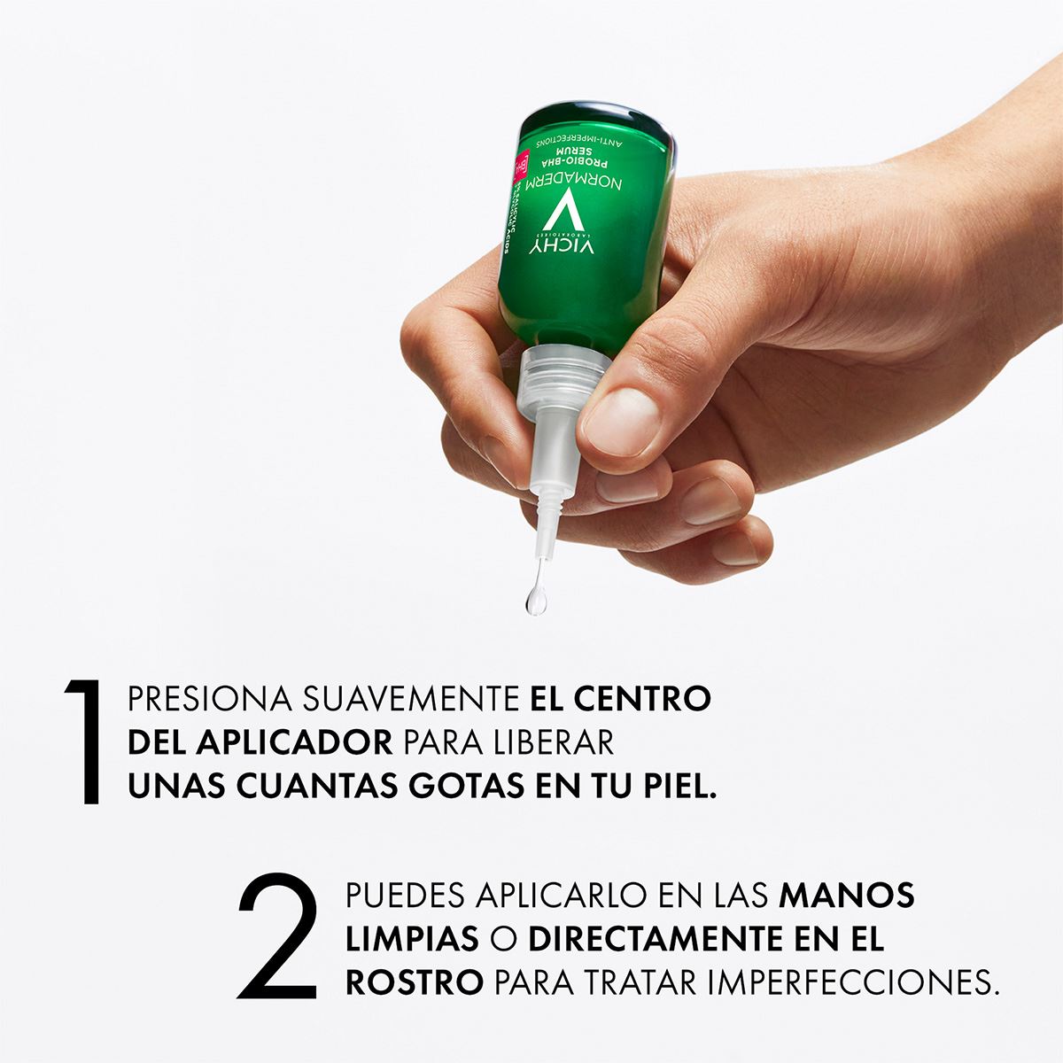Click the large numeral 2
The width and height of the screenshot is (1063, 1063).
tap(278, 935)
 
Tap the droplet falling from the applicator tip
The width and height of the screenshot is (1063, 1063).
tap(535, 599)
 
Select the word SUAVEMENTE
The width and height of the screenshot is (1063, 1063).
tap(410, 699)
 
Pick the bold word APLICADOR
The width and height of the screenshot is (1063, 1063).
tap(301, 742)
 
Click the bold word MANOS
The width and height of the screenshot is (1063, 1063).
tap(846, 895)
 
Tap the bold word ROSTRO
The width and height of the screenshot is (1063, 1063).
tap(415, 982)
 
